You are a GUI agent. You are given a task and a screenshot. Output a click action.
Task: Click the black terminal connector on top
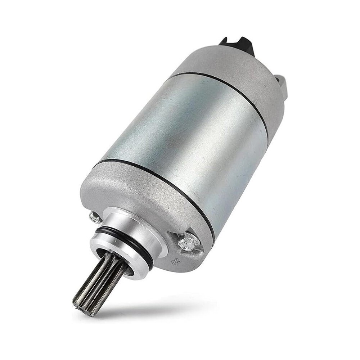click(238, 45)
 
